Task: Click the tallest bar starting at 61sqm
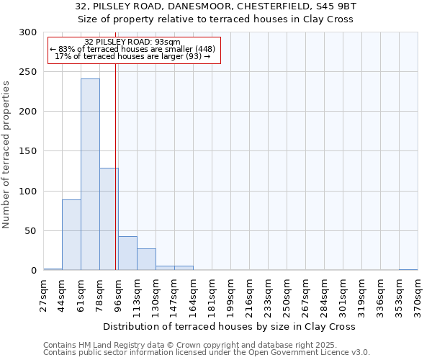pos(90,174)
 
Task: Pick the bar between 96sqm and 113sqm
pos(127,253)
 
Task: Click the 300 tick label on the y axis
pos(28,32)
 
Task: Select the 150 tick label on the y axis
pos(28,151)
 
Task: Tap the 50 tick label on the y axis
pos(30,231)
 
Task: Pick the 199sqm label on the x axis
pos(231,295)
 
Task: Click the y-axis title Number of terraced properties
pos(7,154)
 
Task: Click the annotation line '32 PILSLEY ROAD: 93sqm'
pos(132,42)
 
